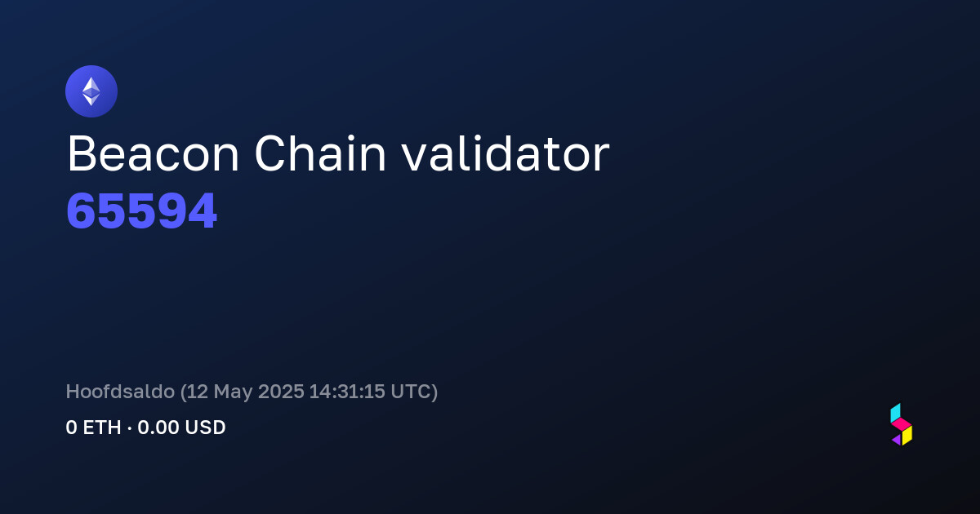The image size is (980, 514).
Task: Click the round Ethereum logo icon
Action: pos(91,91)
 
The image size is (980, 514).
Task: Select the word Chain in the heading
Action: pos(320,153)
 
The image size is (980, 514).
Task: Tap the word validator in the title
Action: pos(506,153)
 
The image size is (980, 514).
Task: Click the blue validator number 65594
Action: pos(142,211)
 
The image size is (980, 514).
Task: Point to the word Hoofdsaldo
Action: pos(120,391)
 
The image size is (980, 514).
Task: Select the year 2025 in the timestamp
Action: pos(281,391)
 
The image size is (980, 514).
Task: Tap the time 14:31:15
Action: pos(347,391)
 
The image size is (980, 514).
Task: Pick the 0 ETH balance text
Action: pos(93,428)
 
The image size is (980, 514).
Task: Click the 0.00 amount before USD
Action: pos(158,428)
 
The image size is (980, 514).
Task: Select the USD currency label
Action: pos(205,428)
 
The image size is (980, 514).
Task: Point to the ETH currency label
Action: pos(102,428)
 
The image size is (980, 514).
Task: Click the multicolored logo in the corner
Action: pos(902,424)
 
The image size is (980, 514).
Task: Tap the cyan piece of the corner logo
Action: pos(896,413)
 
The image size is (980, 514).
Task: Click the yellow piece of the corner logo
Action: pos(907,436)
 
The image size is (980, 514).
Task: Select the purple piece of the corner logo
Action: pos(897,440)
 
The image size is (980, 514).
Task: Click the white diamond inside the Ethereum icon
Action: pos(91,91)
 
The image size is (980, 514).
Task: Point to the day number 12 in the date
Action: pos(198,391)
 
